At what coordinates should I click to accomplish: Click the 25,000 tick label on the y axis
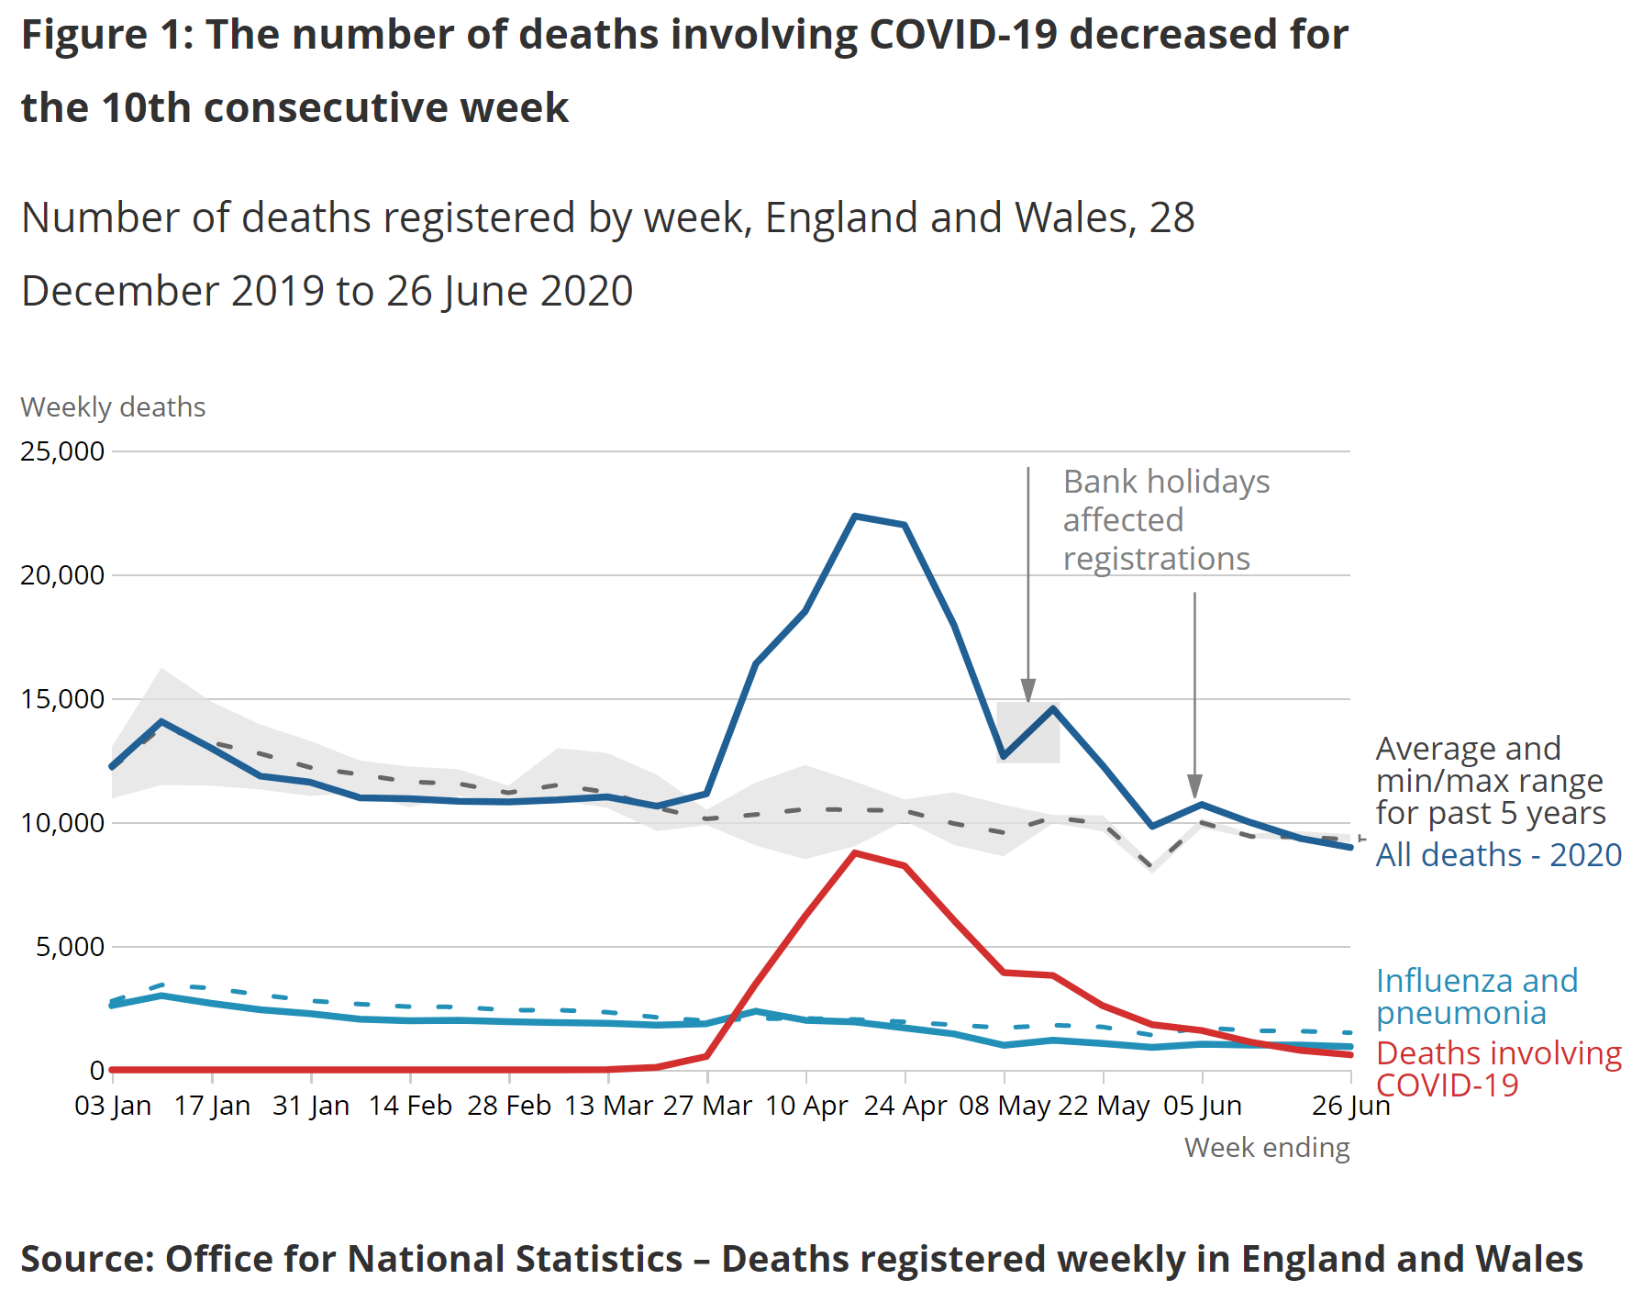pos(62,451)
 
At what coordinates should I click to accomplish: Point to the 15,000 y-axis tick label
pos(62,699)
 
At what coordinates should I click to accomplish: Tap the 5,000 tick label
pos(70,947)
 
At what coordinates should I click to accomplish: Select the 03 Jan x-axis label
pos(113,1106)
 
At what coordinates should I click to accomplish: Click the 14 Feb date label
pos(410,1106)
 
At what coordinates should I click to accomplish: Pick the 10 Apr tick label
pos(806,1106)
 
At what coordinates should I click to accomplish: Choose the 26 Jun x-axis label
pos(1350,1106)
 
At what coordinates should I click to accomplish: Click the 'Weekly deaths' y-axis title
pos(113,407)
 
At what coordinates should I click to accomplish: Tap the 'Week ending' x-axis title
pos(1266,1148)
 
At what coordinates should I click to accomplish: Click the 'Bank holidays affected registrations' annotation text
pos(1165,520)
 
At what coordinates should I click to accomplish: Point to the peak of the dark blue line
pos(855,517)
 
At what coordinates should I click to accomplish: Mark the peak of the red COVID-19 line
pos(855,853)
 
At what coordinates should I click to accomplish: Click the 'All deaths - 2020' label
pos(1498,855)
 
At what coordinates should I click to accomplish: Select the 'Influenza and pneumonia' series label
pos(1476,996)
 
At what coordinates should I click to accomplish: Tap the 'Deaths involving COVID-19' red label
pos(1498,1069)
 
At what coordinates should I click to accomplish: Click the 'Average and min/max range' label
pos(1490,781)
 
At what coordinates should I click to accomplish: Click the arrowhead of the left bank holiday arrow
pos(1028,691)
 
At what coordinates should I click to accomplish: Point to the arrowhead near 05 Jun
pos(1194,786)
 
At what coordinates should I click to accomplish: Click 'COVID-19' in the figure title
pos(962,35)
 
